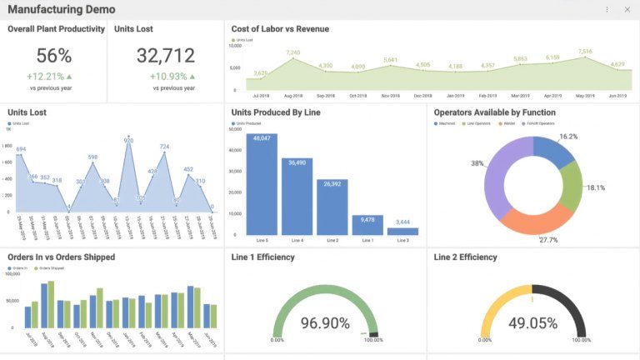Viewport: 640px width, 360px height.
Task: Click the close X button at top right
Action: pos(627,10)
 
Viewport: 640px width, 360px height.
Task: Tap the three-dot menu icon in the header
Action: pos(607,10)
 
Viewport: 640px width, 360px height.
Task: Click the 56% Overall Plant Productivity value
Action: pos(54,56)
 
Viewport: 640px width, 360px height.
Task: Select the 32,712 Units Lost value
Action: pos(165,56)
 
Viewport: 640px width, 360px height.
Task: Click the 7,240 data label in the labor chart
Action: pos(292,52)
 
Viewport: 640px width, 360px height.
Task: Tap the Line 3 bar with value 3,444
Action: pos(402,231)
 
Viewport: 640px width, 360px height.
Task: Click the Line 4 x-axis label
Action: pos(297,241)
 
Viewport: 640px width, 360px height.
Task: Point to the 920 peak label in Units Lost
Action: pos(128,141)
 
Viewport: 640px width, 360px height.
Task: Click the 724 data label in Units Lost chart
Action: pos(164,147)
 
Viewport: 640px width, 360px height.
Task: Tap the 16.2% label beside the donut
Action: pos(568,137)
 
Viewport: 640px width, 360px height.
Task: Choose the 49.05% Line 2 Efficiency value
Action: pos(532,322)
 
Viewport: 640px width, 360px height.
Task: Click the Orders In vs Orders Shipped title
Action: pos(62,257)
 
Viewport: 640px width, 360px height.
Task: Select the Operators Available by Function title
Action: pos(495,112)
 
